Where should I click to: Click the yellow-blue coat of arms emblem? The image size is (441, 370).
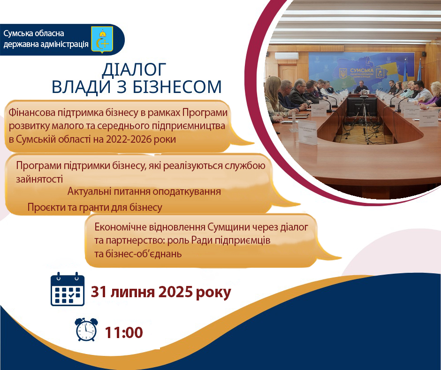[102, 39]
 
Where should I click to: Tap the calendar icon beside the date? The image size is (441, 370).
[68, 289]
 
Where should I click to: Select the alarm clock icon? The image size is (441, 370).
[86, 330]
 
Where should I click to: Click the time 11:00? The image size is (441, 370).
[124, 332]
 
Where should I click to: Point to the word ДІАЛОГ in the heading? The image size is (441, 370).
[134, 69]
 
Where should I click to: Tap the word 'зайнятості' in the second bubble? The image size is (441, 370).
[39, 179]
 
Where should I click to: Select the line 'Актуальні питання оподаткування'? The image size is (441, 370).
[144, 192]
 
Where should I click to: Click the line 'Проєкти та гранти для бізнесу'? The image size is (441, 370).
[95, 208]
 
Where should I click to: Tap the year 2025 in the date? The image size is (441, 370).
[175, 292]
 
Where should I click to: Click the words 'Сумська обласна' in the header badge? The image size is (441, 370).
[34, 33]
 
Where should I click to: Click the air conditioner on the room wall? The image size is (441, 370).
[287, 55]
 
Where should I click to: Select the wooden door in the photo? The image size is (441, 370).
[288, 74]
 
